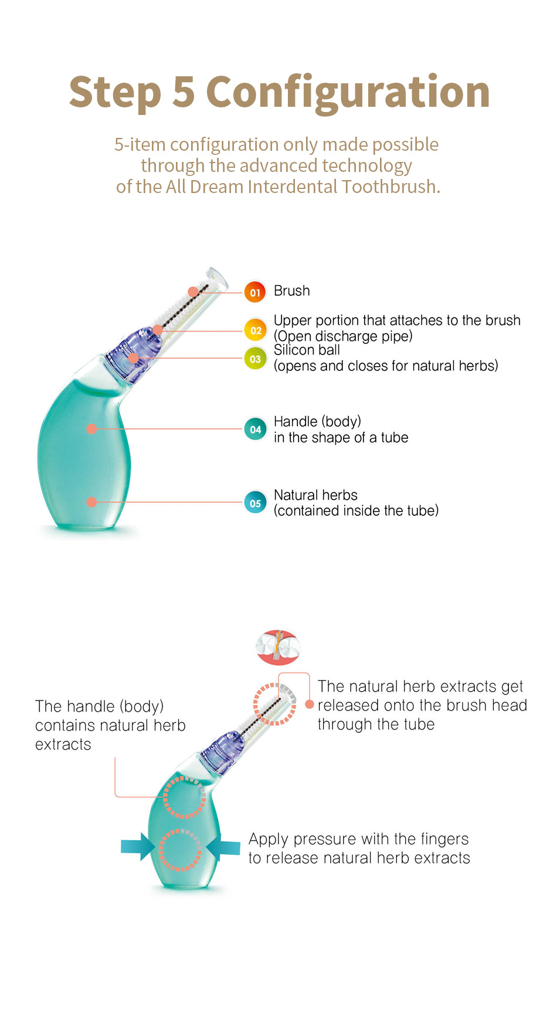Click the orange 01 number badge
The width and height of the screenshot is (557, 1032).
[x=255, y=292]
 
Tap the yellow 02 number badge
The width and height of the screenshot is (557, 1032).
[x=256, y=330]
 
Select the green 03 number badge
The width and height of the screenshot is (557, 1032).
[x=255, y=358]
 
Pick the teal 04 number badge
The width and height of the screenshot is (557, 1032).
[x=255, y=429]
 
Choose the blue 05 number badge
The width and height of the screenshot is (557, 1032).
[x=255, y=503]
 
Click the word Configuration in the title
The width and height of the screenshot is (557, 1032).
[x=348, y=93]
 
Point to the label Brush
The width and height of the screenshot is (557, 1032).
[x=291, y=291]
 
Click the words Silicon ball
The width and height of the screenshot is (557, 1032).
[x=307, y=350]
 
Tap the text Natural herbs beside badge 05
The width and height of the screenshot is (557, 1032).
[x=315, y=495]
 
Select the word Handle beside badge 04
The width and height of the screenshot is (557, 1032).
[x=295, y=421]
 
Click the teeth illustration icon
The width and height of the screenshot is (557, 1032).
[x=278, y=647]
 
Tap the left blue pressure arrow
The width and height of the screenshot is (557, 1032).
[x=138, y=847]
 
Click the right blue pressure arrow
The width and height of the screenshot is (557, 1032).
[x=224, y=847]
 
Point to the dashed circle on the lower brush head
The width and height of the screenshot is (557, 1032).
[x=274, y=704]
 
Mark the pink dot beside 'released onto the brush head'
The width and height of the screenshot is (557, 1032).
[x=310, y=705]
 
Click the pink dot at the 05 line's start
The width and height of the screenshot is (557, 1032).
[x=91, y=502]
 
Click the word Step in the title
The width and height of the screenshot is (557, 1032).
[x=115, y=93]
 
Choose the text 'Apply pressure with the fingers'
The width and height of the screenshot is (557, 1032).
[x=358, y=839]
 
